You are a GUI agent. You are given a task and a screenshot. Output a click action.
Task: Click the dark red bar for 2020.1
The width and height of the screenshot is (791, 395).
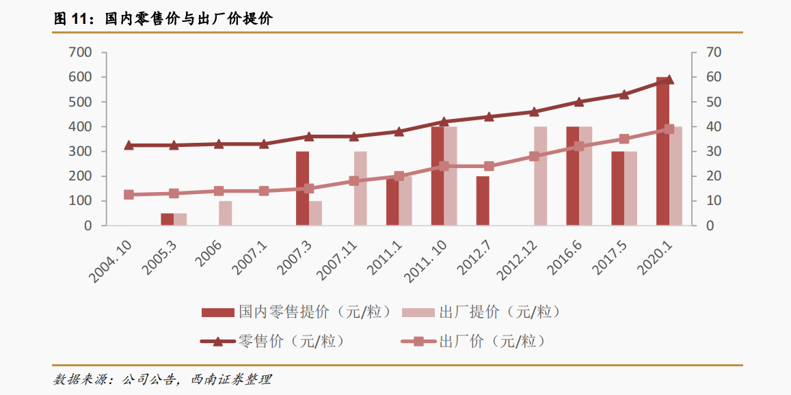coord(662,152)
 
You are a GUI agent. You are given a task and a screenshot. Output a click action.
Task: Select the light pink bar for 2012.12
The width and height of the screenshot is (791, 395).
coord(541,176)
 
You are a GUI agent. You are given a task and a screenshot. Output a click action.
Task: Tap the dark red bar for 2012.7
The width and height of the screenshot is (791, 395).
coord(483,201)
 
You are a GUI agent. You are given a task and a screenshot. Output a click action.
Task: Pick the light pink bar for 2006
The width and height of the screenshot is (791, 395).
coord(226,213)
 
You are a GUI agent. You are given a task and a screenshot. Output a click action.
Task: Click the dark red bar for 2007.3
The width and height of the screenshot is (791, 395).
coord(302,188)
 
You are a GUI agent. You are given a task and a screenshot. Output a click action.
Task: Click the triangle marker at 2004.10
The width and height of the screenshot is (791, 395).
coord(129,145)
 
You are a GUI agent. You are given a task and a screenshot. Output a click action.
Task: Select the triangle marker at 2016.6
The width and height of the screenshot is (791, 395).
coord(579,102)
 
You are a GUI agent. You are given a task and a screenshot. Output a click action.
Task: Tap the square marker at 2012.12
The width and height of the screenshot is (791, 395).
coord(534,156)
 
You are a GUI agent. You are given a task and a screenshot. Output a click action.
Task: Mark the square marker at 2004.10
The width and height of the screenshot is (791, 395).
coord(129,195)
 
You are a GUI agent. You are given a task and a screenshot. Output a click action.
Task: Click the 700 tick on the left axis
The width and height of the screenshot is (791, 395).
coord(81,53)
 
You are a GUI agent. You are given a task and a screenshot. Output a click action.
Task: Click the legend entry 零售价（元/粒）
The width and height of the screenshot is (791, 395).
coord(273,340)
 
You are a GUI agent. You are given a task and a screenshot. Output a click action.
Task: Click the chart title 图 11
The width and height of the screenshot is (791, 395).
coord(72,19)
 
